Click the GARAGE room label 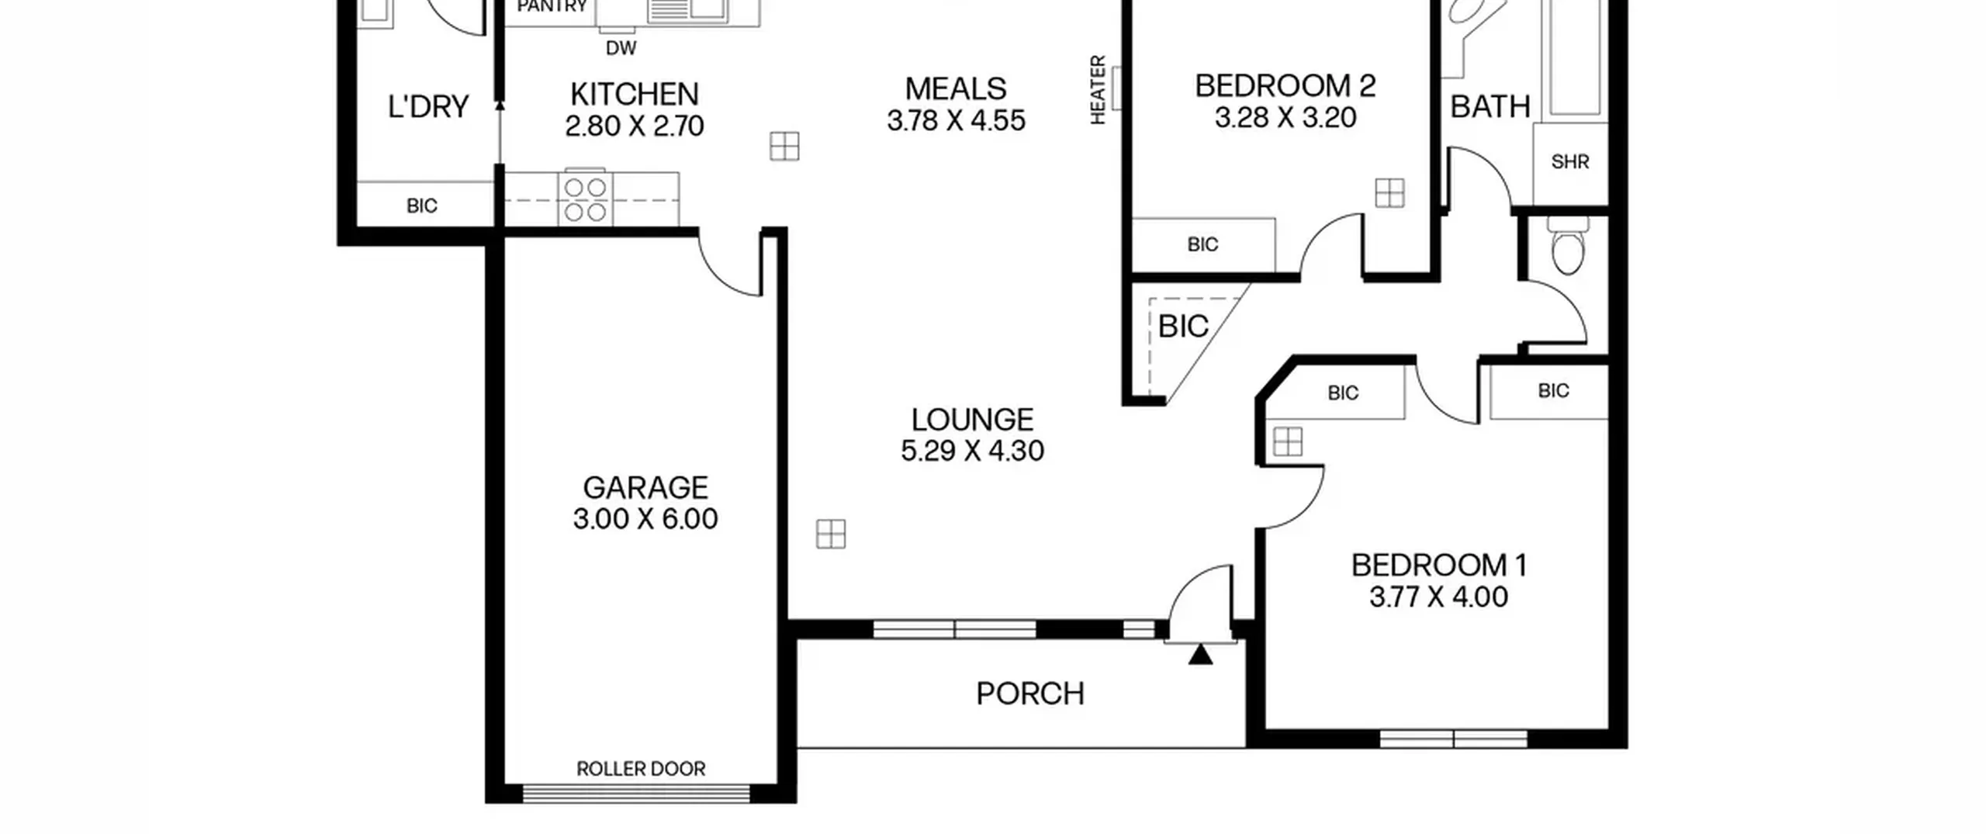[x=645, y=488]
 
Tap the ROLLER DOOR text [x=641, y=769]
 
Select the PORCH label [x=1030, y=694]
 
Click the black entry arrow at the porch [x=1200, y=655]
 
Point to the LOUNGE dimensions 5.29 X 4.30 [x=972, y=451]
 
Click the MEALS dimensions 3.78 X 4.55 [x=956, y=121]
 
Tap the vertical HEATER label [x=1098, y=89]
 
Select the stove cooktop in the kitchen [x=585, y=199]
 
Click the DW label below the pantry [x=621, y=48]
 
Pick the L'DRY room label [x=428, y=106]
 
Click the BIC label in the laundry [x=422, y=206]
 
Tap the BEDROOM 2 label [x=1285, y=85]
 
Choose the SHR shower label [x=1570, y=161]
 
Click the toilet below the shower [x=1567, y=246]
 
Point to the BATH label [x=1490, y=106]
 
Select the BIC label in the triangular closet [x=1183, y=327]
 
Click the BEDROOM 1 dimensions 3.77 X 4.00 [x=1438, y=597]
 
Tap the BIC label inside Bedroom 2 [x=1202, y=244]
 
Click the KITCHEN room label [x=635, y=94]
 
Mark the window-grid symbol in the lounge [x=831, y=534]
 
